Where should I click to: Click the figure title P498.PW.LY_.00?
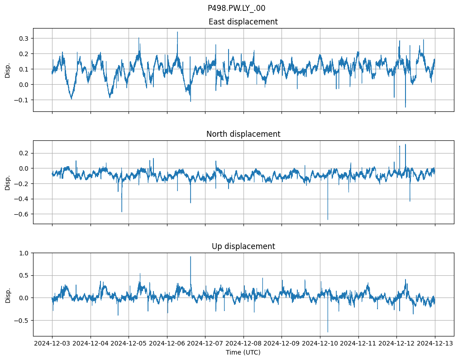[236, 8]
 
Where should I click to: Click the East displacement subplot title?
[243, 22]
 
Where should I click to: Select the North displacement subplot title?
[243, 134]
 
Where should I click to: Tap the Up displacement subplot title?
[243, 246]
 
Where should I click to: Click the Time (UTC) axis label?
[243, 352]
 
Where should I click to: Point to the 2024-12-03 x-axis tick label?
[52, 344]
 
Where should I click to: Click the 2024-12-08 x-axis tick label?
[243, 344]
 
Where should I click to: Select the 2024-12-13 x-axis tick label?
[435, 344]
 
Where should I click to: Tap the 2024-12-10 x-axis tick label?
[320, 344]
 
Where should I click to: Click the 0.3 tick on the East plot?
[24, 38]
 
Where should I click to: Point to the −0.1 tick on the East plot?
[22, 100]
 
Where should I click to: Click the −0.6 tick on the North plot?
[22, 214]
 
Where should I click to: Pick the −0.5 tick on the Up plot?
[22, 321]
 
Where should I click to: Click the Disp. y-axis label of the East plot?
[8, 70]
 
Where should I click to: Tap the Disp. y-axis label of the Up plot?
[8, 294]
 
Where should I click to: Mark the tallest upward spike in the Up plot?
[191, 257]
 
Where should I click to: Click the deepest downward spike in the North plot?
[328, 220]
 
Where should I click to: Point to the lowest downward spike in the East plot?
[405, 107]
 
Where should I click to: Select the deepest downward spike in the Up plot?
[328, 332]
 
